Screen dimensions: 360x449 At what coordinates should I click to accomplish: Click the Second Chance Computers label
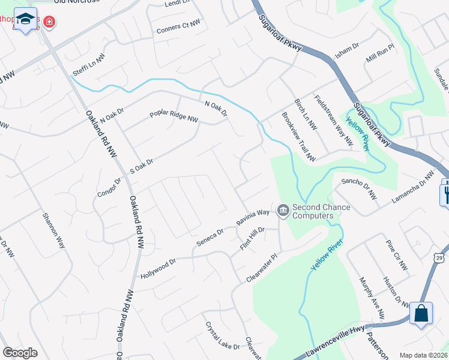[321, 212]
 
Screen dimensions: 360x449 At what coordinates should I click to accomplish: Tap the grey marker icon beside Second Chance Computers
[283, 211]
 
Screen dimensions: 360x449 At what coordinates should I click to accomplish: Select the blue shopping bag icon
[421, 313]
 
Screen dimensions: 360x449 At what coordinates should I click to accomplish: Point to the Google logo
[20, 353]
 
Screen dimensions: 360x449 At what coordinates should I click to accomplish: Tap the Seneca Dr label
[209, 238]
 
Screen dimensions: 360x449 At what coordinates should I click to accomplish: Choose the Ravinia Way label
[253, 217]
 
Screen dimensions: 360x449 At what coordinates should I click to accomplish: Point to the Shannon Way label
[53, 231]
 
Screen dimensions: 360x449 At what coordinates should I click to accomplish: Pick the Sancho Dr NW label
[359, 188]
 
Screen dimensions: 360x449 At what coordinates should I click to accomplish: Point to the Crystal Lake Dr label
[223, 336]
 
